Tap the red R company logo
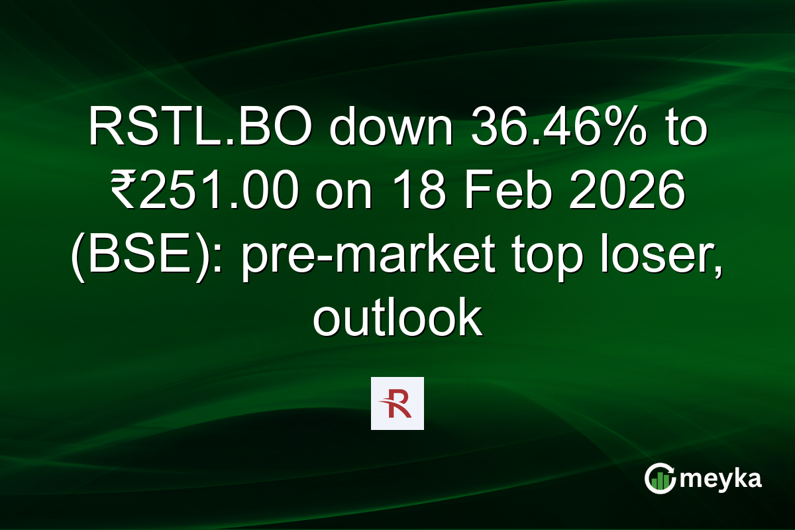(397, 403)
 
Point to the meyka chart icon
(660, 478)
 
